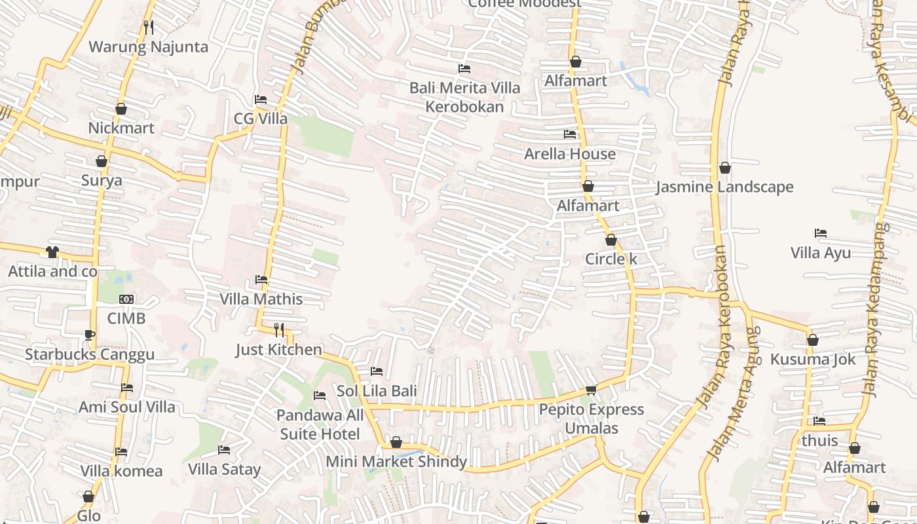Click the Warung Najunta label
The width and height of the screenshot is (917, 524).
pos(148,47)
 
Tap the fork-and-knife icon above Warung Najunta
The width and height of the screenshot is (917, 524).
pos(149,28)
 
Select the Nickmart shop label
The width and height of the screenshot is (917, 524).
pos(121,128)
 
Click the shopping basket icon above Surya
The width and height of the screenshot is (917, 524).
pos(102,161)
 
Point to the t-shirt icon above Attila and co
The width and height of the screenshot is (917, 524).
pos(52,252)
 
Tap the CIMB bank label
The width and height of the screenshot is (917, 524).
pos(126,318)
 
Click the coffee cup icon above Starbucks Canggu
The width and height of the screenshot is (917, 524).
pos(90,335)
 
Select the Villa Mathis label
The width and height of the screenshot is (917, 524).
pos(261,299)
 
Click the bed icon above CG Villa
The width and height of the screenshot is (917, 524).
pos(261,100)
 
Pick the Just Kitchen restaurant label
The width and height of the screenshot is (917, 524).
pos(279,350)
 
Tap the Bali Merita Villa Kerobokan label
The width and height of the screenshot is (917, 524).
pos(465,97)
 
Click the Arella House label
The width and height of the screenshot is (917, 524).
pos(570,154)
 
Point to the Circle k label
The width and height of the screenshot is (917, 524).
pos(611,259)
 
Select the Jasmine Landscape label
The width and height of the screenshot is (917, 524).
pos(724,187)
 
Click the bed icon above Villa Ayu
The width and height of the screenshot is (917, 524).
pos(821,233)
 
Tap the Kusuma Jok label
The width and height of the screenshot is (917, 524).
pos(813,360)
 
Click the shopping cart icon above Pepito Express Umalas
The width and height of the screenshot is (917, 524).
pos(591,390)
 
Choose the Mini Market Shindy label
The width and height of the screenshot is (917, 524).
pos(396,462)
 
